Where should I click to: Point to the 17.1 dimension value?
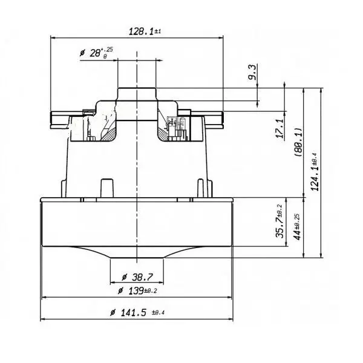tap(280, 129)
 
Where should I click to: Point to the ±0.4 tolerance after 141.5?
tap(159, 313)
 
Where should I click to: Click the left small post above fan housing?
tap(106, 186)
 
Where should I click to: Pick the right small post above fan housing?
tap(201, 186)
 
